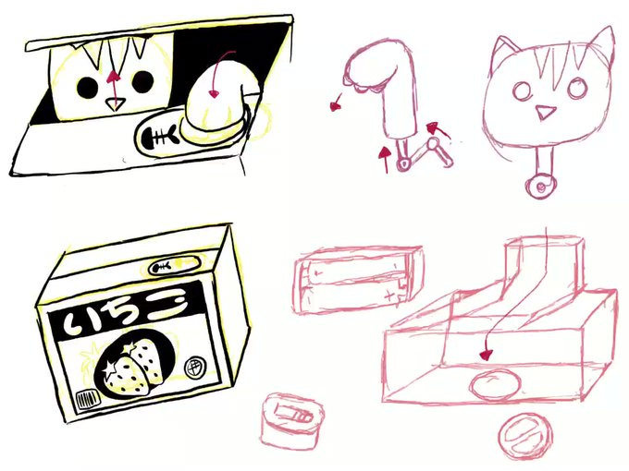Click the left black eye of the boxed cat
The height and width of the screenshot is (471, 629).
87,88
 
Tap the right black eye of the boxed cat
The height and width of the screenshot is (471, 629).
143,81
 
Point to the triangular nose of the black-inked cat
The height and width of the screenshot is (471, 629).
115,104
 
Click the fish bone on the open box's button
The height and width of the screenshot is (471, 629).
160,137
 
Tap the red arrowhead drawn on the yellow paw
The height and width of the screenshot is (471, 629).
215,94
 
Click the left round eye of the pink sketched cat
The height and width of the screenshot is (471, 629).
523,91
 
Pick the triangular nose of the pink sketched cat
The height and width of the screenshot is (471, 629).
545,112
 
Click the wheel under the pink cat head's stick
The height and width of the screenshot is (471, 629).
540,186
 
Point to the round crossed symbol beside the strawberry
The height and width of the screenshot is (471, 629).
194,367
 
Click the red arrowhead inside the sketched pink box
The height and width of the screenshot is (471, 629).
486,355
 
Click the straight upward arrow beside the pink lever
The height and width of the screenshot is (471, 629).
386,160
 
